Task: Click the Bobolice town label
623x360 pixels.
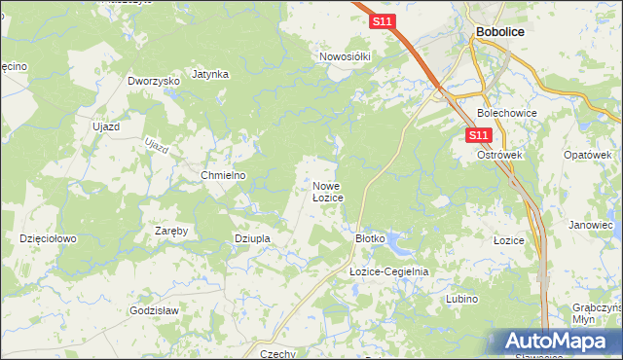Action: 501,32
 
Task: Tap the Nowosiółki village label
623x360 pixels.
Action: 346,56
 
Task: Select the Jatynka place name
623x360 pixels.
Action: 210,73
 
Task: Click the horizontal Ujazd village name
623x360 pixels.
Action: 105,126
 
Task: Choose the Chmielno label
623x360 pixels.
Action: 223,175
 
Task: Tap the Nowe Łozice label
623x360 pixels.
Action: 327,191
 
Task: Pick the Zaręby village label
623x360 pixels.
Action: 171,231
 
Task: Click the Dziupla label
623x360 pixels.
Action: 251,237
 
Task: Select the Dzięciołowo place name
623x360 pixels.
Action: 49,237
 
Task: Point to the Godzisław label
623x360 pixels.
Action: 154,310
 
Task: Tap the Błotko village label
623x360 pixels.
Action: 371,237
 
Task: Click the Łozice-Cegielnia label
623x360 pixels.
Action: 389,271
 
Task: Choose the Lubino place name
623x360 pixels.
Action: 461,299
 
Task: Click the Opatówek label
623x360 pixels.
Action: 587,155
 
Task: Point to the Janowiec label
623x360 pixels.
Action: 592,225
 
